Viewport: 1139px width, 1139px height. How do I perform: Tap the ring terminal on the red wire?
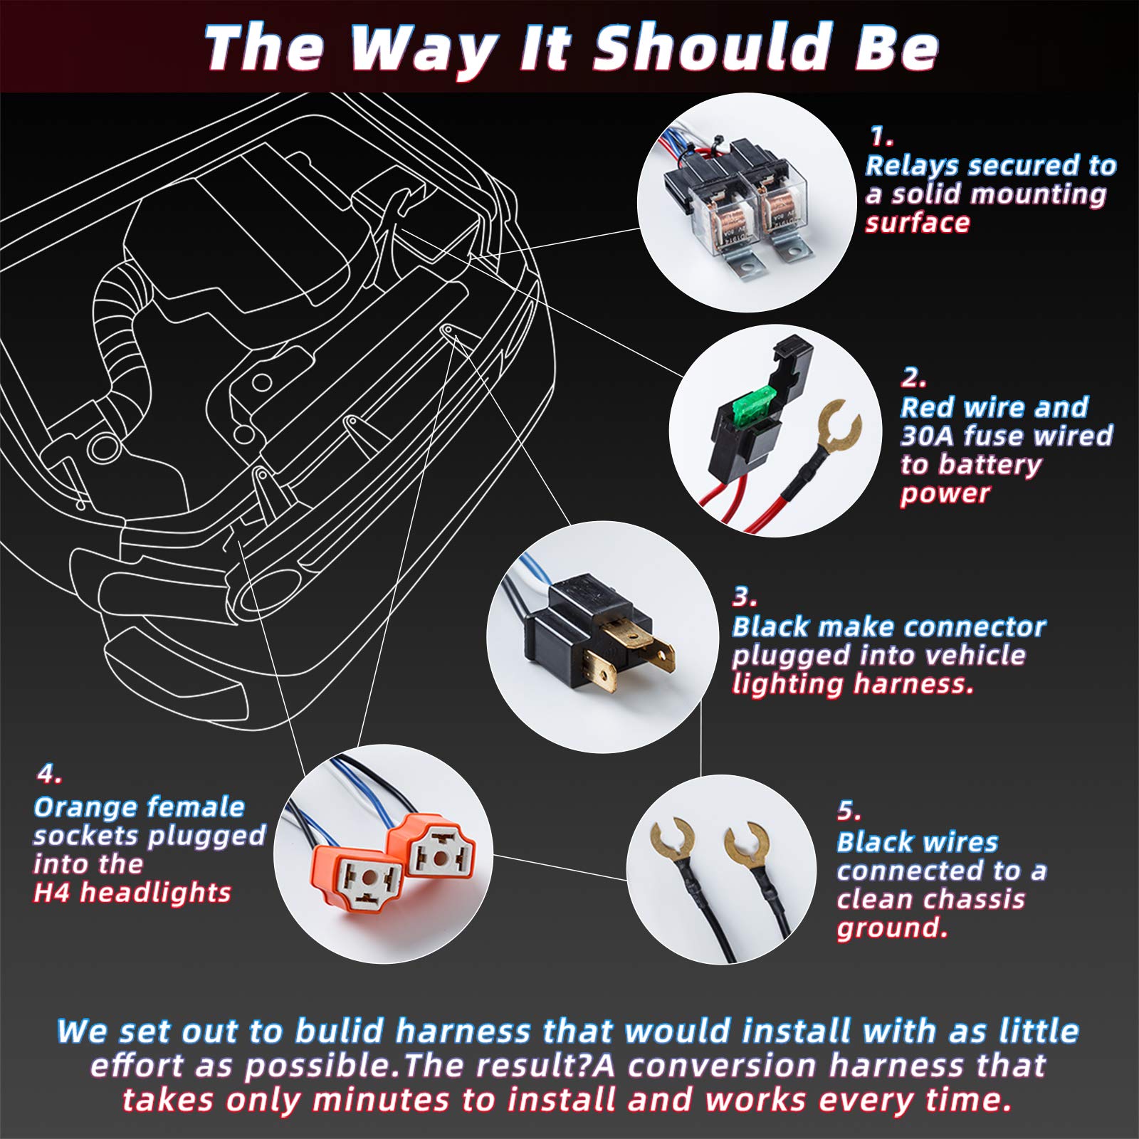click(839, 427)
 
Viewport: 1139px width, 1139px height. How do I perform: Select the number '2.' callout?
click(913, 377)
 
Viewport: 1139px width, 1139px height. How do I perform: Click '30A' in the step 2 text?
click(926, 436)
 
